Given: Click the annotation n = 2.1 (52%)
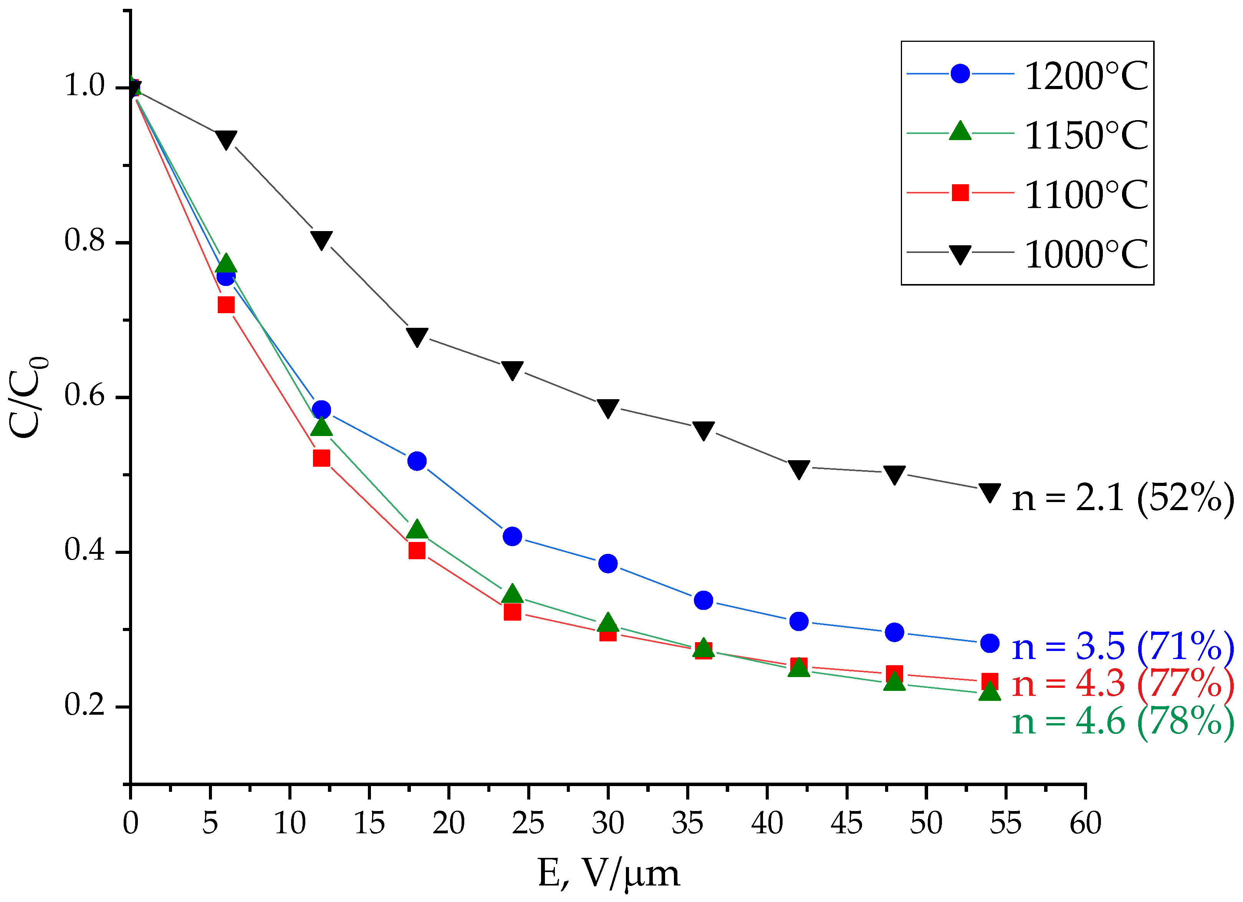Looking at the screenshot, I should pyautogui.click(x=1122, y=498).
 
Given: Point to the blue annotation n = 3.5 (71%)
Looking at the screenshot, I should pyautogui.click(x=1122, y=646).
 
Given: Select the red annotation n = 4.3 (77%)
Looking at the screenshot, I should pyautogui.click(x=1122, y=684).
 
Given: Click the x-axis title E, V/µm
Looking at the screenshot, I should pyautogui.click(x=608, y=873).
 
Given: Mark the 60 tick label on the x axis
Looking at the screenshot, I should pyautogui.click(x=1085, y=823).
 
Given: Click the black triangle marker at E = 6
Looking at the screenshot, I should pyautogui.click(x=226, y=139).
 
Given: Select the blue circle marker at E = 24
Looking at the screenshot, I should pyautogui.click(x=512, y=536).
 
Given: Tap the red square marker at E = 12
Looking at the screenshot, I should pyautogui.click(x=321, y=458).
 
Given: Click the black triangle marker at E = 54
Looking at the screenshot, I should pyautogui.click(x=989, y=492).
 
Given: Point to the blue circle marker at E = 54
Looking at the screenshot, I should pyautogui.click(x=989, y=643).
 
